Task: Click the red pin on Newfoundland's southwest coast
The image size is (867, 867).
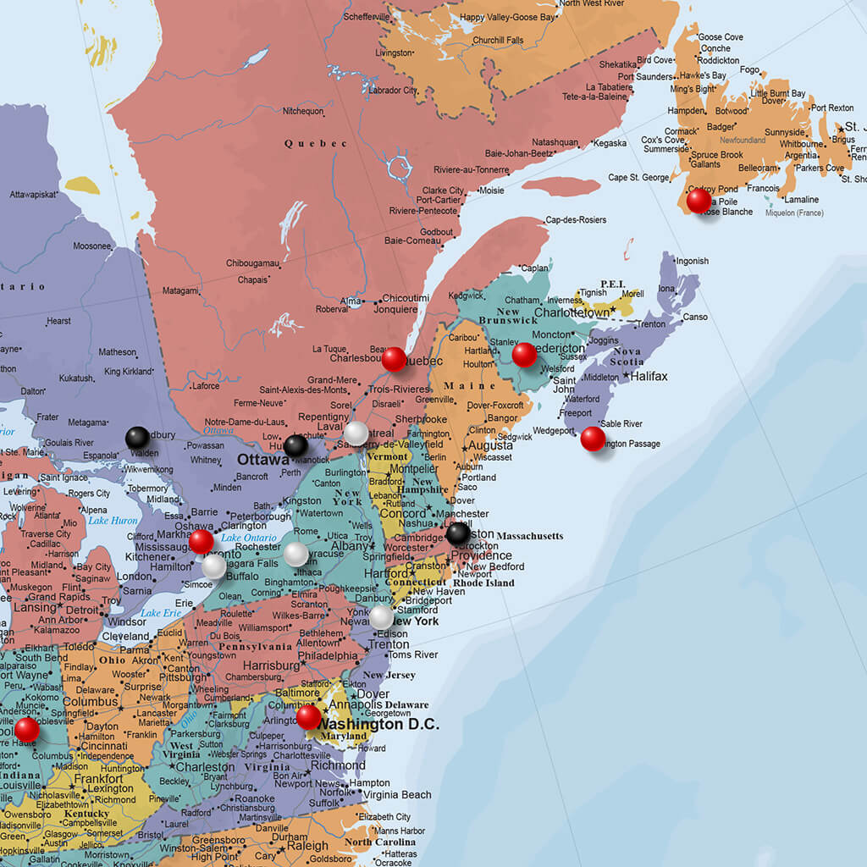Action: point(699,201)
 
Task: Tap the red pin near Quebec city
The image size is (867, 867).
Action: point(394,359)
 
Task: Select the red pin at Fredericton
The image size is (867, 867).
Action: point(525,355)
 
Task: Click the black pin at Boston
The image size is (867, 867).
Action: point(458,533)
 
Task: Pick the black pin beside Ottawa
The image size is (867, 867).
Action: point(295,445)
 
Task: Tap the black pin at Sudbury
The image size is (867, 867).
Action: point(137,438)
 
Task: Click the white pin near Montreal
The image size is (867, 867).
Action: point(356,433)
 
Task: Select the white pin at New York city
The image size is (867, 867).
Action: point(381,617)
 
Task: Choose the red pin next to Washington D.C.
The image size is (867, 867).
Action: point(309,717)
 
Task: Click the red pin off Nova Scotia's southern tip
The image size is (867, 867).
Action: point(593,439)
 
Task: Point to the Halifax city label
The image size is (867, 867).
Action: point(649,376)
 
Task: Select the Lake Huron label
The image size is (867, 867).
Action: point(113,521)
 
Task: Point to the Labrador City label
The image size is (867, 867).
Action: point(393,91)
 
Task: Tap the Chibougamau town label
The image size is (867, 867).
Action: point(252,263)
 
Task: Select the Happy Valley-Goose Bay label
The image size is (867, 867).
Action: point(508,17)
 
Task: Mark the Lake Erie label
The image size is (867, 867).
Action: point(162,613)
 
